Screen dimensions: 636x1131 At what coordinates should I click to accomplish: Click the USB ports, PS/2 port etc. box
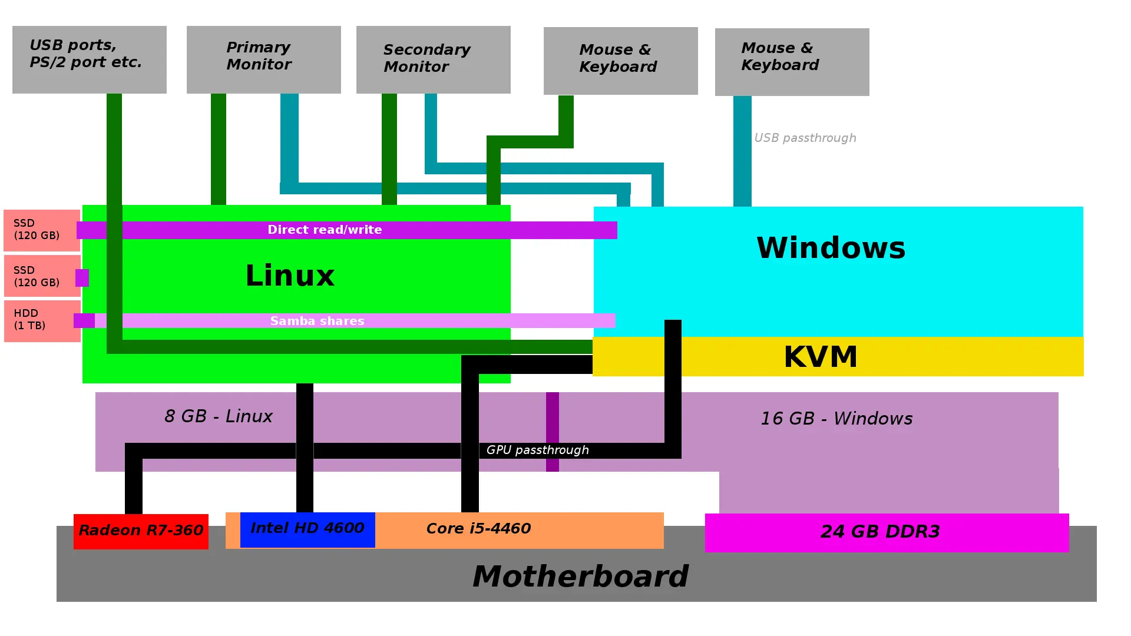[89, 59]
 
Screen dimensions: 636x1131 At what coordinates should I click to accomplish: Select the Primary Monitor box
[263, 59]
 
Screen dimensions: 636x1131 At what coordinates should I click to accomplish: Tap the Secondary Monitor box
[433, 59]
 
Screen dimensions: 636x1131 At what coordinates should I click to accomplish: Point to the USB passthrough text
[805, 138]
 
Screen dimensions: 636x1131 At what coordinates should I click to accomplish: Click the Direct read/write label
[325, 230]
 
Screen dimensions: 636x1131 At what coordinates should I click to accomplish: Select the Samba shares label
[318, 321]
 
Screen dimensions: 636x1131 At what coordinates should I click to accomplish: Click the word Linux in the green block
[290, 276]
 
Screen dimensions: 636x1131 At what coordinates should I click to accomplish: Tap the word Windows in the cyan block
[831, 247]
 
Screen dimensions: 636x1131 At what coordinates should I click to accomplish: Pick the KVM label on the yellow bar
[821, 357]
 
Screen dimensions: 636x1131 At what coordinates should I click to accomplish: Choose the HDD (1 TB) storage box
[42, 321]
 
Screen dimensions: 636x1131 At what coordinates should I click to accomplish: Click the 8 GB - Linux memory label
[218, 416]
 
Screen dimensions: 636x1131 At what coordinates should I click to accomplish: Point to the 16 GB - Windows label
[836, 419]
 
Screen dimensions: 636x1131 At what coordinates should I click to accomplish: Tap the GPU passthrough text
[537, 450]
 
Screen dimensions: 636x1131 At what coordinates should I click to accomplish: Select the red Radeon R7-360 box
[141, 531]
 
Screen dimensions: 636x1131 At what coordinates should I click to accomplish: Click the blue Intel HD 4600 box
[307, 529]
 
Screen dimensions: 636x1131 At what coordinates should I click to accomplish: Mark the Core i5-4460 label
[478, 529]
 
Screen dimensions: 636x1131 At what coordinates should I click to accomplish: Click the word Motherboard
[580, 577]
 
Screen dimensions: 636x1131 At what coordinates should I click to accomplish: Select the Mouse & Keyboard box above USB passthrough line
[792, 61]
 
